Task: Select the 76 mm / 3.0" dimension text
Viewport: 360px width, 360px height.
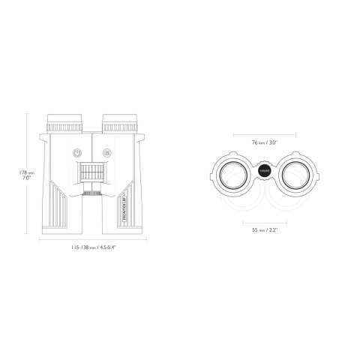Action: (264, 141)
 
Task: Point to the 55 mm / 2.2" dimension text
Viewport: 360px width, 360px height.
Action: (264, 230)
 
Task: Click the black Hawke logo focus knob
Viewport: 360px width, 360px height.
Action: (264, 171)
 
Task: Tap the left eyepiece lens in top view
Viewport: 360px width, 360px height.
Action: (232, 173)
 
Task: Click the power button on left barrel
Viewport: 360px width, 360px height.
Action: (77, 151)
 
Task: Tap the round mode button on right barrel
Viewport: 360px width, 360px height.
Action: (106, 151)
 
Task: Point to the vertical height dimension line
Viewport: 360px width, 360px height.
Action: (38, 172)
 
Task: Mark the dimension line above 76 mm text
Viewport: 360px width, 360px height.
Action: (264, 135)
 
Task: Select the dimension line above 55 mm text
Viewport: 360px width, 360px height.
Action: (264, 223)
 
